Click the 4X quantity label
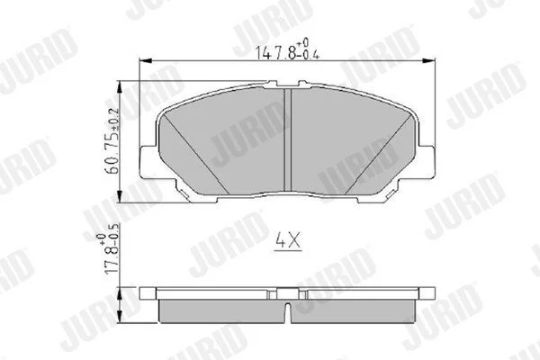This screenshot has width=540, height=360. coord(288,240)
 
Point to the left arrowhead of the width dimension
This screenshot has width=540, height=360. coord(145,61)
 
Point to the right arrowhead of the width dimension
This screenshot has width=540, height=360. coord(428,61)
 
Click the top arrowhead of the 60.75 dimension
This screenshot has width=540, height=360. coord(119,86)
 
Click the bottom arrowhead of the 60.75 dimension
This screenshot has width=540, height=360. coord(119,196)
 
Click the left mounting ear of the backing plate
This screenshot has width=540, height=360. coord(148,162)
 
